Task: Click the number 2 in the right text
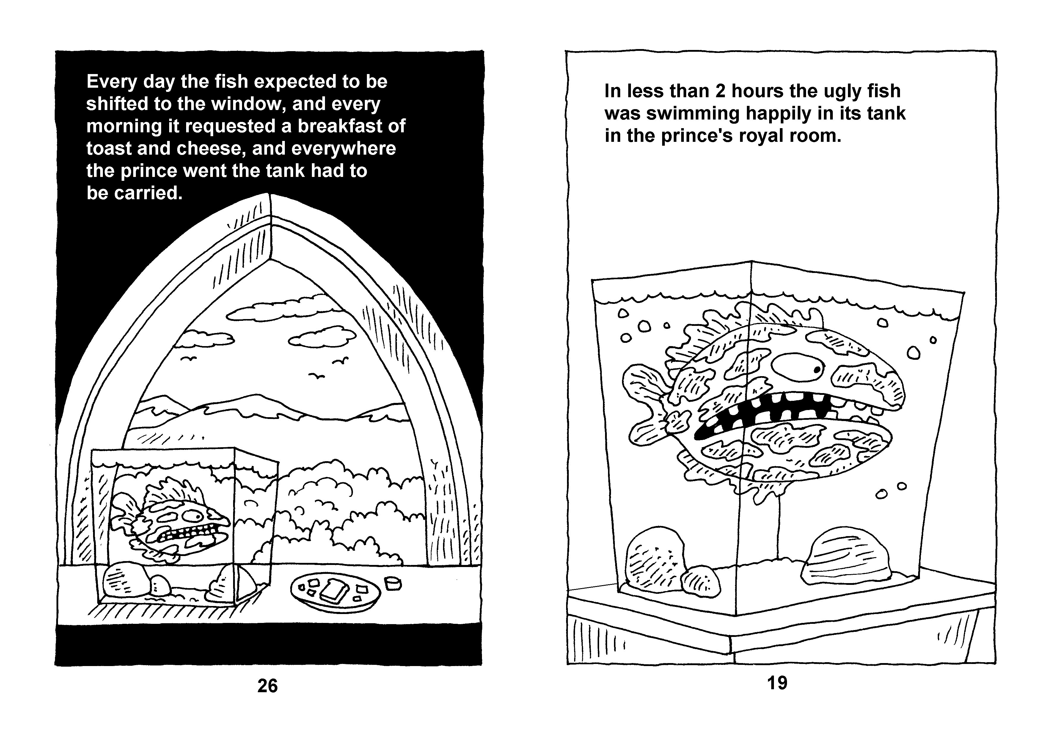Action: pos(720,91)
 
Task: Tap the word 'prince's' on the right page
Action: pos(697,136)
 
